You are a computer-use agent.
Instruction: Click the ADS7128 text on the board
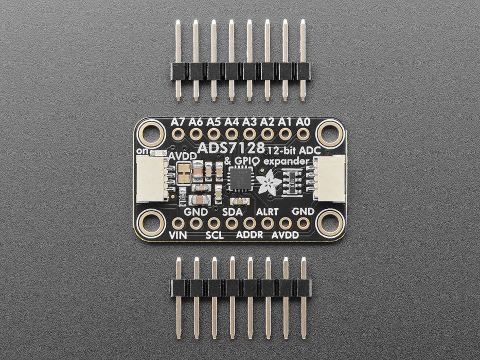point(231,148)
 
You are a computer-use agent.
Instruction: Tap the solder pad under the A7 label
point(178,134)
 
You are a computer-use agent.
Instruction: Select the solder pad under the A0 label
point(303,134)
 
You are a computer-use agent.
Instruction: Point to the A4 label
point(232,122)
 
